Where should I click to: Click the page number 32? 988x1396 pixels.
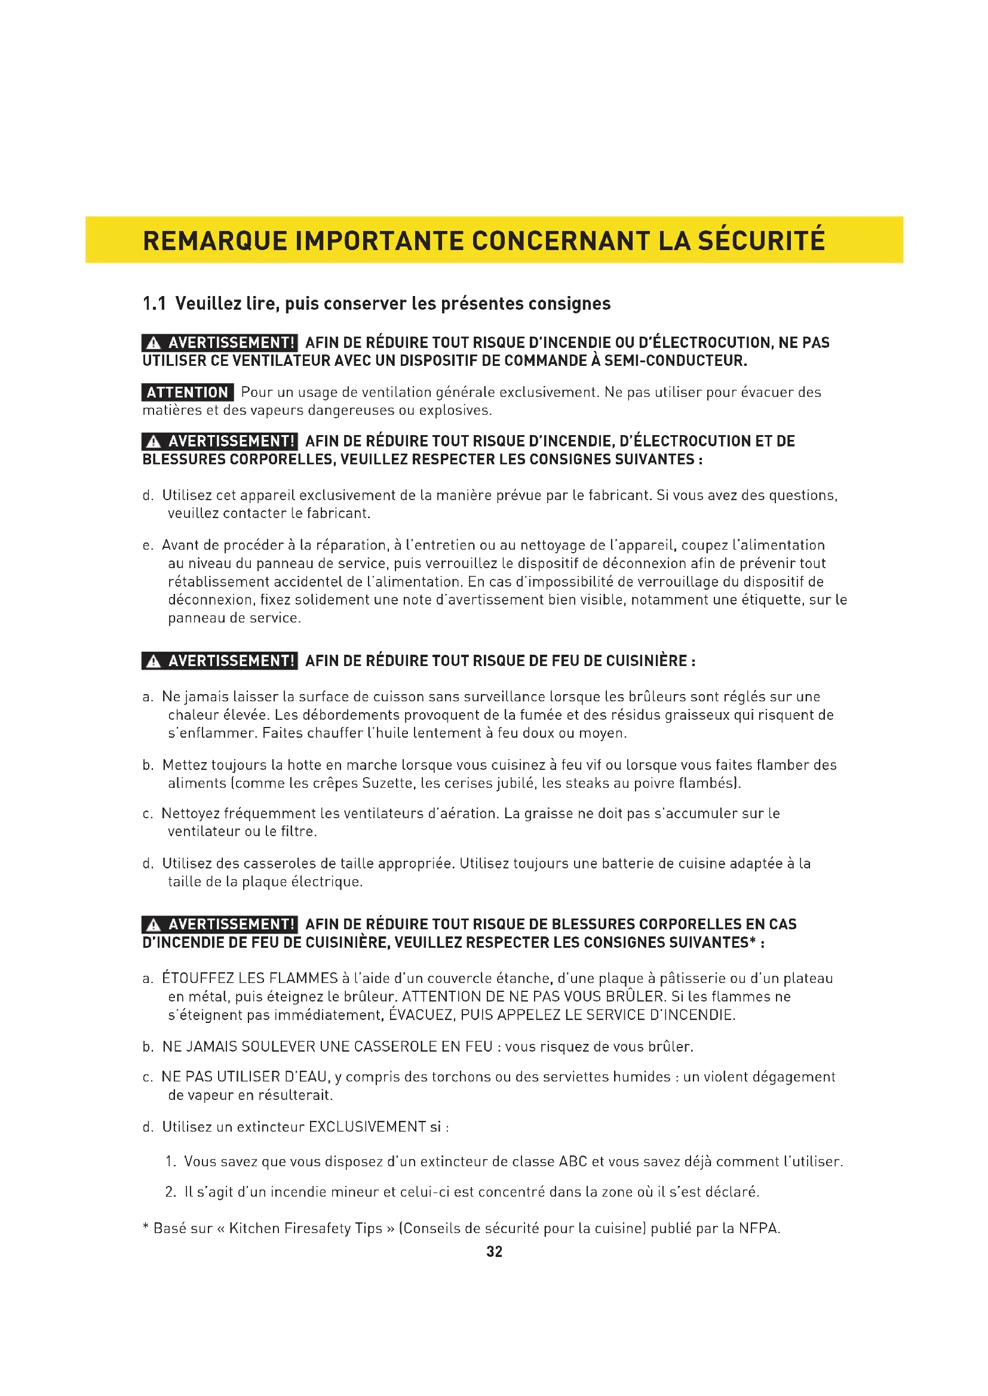494,1252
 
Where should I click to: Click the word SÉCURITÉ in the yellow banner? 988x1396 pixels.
761,241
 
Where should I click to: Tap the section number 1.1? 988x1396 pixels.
154,303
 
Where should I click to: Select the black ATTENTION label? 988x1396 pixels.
188,392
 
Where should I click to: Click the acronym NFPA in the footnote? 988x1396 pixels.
759,1228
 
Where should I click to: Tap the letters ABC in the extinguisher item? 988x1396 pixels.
573,1161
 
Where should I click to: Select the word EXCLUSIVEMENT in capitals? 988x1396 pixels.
367,1127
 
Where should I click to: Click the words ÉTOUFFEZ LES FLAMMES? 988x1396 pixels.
250,978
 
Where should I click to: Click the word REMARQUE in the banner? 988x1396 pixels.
214,241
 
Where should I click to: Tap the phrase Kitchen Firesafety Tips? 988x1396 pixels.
305,1228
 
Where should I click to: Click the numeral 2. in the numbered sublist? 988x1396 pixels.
171,1192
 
